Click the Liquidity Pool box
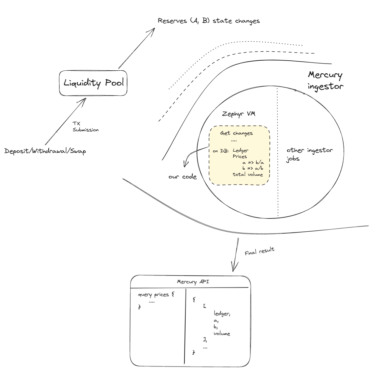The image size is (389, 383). point(93,83)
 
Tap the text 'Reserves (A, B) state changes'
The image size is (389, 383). point(209,21)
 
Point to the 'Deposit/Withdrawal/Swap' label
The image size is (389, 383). point(45,151)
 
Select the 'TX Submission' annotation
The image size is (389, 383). point(85,127)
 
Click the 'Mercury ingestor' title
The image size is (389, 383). point(325,81)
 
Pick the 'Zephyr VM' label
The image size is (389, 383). point(239,114)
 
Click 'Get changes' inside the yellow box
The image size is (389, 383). point(236,133)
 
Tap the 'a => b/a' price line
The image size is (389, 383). point(253,163)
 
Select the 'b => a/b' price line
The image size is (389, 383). point(253,168)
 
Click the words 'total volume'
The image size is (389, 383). point(248,175)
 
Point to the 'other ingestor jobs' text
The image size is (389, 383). point(309,154)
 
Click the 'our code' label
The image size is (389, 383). point(182,177)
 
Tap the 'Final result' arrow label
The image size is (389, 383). point(259,251)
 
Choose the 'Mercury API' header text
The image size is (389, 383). point(193,282)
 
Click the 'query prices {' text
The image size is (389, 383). point(156,295)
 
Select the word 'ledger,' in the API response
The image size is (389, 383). point(222,314)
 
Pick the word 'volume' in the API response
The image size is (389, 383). point(222,334)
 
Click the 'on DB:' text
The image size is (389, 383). point(220,151)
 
